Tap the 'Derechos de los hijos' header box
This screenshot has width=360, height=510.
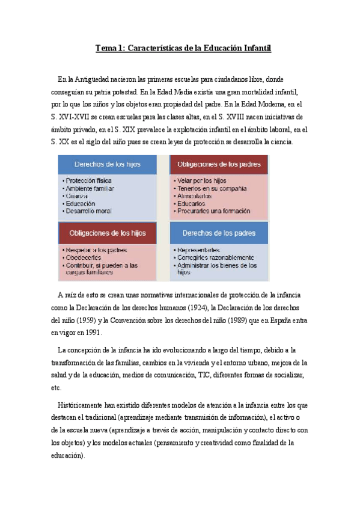107,164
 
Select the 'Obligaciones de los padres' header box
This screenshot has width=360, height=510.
219,164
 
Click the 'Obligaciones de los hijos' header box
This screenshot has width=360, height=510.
108,233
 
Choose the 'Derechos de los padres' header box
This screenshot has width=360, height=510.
219,233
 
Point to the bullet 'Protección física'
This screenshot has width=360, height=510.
88,180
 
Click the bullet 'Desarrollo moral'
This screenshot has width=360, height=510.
89,211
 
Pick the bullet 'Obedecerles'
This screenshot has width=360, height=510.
84,257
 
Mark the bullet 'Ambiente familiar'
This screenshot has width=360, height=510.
90,188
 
